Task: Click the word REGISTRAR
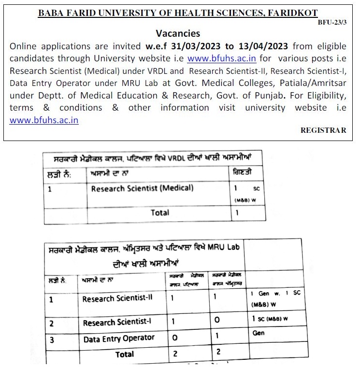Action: (323, 130)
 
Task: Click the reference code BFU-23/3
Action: (332, 23)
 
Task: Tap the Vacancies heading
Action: (178, 34)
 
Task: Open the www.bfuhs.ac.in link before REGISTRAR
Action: (44, 120)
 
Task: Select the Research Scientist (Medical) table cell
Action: (142, 188)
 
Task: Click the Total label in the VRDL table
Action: (159, 212)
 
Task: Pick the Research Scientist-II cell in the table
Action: (117, 298)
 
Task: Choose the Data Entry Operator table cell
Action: (119, 339)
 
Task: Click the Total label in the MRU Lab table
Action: (125, 354)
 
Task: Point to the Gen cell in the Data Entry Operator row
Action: (259, 333)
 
